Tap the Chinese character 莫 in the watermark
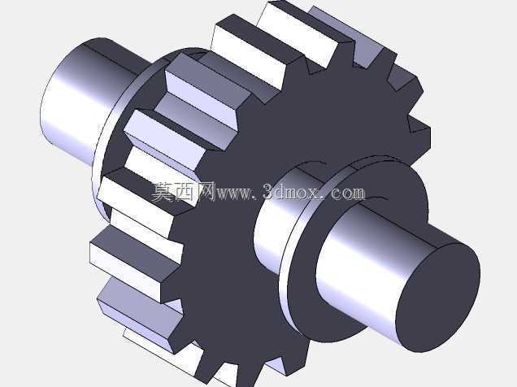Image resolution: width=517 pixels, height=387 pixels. pyautogui.click(x=162, y=192)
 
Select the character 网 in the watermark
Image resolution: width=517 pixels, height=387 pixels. pyautogui.click(x=206, y=192)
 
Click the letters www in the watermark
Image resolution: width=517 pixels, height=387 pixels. pyautogui.click(x=233, y=194)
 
